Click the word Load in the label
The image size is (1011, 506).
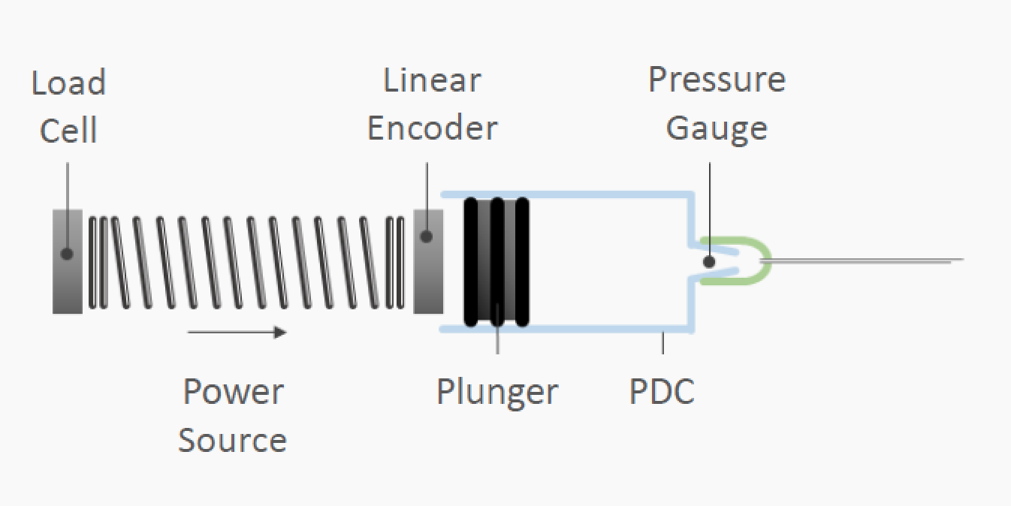[x=68, y=83]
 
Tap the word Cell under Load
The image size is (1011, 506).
[x=68, y=131]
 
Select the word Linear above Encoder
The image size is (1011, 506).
[x=432, y=80]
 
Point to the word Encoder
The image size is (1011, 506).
[x=432, y=128]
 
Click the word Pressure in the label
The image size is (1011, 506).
[x=717, y=80]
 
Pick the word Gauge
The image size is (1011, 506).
[x=717, y=128]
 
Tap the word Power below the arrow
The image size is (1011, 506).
[x=234, y=392]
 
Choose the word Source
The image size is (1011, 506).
[x=233, y=440]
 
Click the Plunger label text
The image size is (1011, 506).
[x=497, y=391]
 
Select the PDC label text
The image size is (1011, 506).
[x=662, y=391]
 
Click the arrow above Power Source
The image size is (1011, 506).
[x=237, y=332]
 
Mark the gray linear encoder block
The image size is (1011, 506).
[x=428, y=282]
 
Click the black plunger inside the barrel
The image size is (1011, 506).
[x=496, y=261]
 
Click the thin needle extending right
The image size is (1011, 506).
[x=864, y=261]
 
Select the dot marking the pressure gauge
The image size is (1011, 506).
[x=708, y=262]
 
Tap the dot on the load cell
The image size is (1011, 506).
[x=67, y=254]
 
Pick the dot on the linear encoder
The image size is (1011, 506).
[x=427, y=236]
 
